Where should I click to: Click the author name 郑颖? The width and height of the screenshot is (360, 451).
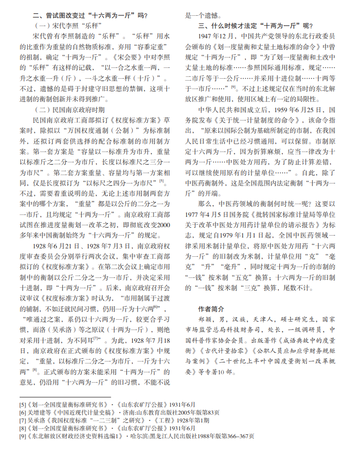pyautogui.click(x=205, y=319)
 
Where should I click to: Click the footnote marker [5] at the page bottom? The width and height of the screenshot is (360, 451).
pyautogui.click(x=23, y=404)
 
